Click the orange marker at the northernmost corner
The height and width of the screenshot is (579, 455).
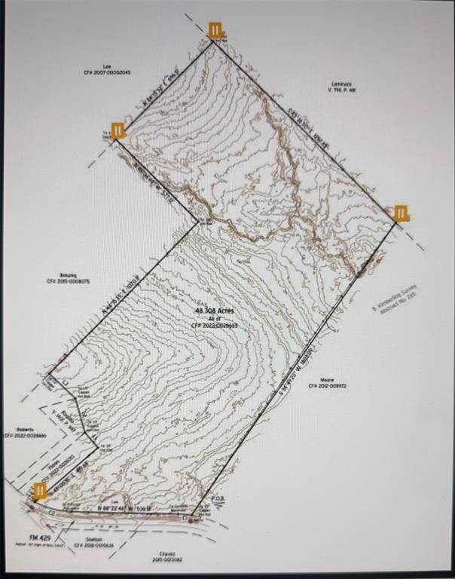pyautogui.click(x=216, y=30)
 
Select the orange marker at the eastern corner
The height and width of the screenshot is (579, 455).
pyautogui.click(x=402, y=213)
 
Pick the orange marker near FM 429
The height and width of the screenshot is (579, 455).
pyautogui.click(x=40, y=491)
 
